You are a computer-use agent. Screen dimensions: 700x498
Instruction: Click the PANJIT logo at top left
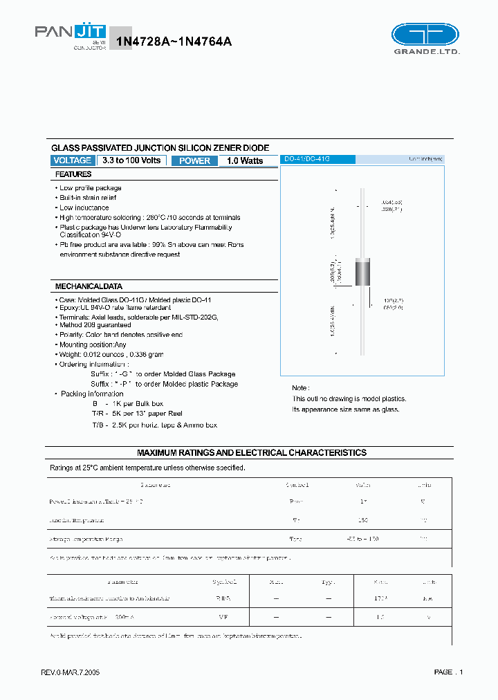(x=71, y=33)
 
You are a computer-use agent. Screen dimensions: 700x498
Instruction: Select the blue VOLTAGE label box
(x=72, y=160)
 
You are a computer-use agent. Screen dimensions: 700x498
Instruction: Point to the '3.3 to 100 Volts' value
(x=131, y=160)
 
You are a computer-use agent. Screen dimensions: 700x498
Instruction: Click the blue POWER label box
(x=194, y=160)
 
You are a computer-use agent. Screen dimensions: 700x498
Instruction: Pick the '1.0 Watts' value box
(x=245, y=160)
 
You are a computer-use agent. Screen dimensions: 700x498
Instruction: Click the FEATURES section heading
(x=73, y=175)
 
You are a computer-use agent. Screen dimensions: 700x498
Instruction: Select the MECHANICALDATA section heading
(x=89, y=286)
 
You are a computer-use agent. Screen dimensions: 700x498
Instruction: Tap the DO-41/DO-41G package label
(x=307, y=159)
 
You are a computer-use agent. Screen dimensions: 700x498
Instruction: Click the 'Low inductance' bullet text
(x=84, y=208)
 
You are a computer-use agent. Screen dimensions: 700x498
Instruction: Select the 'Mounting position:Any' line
(x=93, y=344)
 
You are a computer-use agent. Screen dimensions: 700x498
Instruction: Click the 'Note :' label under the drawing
(x=300, y=388)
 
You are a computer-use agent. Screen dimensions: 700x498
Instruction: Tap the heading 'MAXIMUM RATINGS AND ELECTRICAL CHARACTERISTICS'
(x=251, y=453)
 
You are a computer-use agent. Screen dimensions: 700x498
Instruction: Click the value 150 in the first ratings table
(x=362, y=519)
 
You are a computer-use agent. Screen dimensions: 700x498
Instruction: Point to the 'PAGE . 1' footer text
(x=448, y=672)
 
